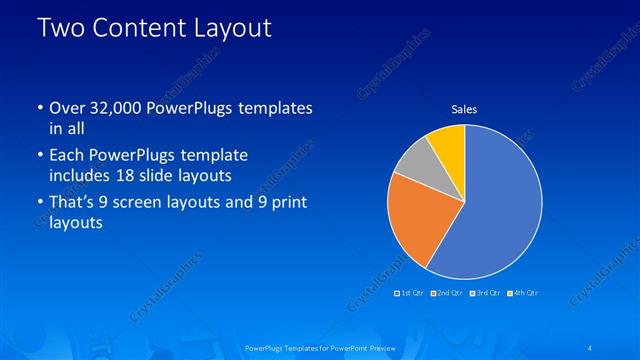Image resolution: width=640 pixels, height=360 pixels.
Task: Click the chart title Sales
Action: (x=464, y=108)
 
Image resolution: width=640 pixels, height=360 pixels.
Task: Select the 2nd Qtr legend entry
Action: (x=447, y=292)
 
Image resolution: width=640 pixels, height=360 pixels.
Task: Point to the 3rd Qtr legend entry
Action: (x=485, y=292)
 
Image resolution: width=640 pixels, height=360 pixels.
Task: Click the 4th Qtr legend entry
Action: (x=522, y=292)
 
